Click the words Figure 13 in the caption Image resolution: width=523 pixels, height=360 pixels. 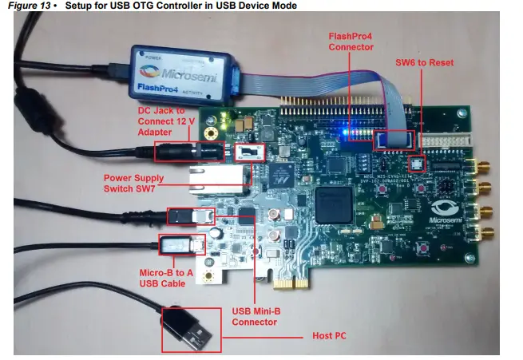coord(30,6)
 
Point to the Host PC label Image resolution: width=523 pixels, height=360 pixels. coord(328,336)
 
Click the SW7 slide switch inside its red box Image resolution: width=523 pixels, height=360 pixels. coord(250,152)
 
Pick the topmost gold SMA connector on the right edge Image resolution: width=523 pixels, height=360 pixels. coord(481,168)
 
